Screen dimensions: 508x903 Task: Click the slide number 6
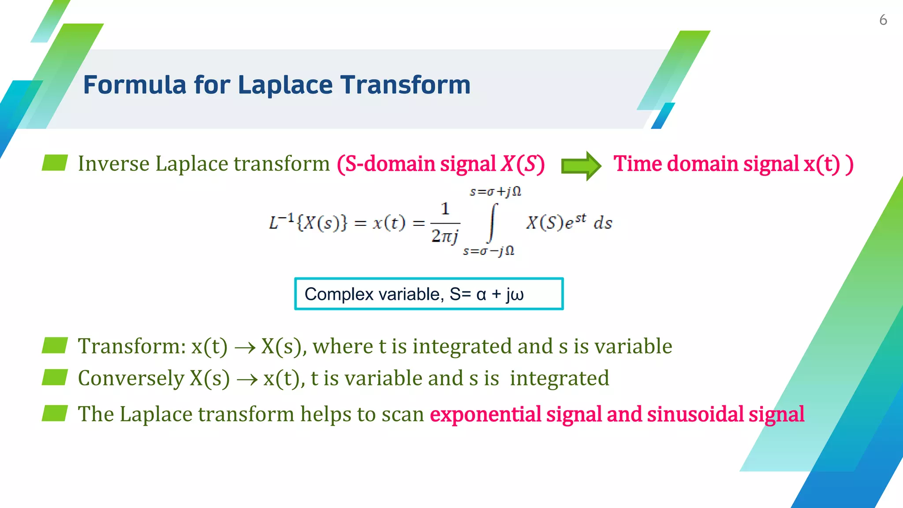pyautogui.click(x=883, y=20)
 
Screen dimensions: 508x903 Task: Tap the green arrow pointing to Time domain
pyautogui.click(x=581, y=166)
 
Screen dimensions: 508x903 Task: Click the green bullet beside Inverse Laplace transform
pyautogui.click(x=55, y=163)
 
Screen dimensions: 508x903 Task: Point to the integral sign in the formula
pyautogui.click(x=493, y=223)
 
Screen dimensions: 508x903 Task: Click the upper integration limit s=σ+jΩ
pyautogui.click(x=496, y=192)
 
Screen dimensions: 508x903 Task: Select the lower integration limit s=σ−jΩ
pyautogui.click(x=489, y=251)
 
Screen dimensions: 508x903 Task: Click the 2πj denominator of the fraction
pyautogui.click(x=445, y=236)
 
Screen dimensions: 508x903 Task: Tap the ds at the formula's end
pyautogui.click(x=603, y=223)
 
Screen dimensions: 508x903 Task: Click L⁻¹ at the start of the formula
pyautogui.click(x=281, y=222)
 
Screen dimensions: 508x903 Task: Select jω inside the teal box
pyautogui.click(x=515, y=295)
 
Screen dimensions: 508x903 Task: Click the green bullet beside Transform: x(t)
pyautogui.click(x=55, y=345)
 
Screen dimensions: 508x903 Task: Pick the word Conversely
pyautogui.click(x=131, y=378)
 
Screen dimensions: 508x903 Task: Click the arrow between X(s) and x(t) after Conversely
pyautogui.click(x=247, y=380)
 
